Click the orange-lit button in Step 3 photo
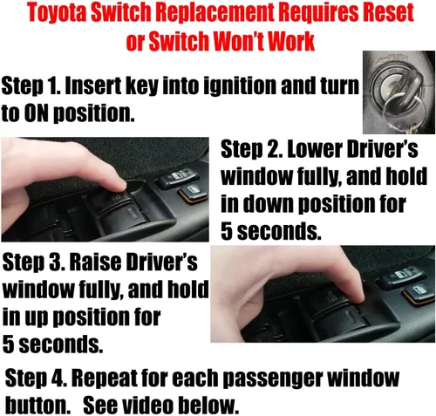click(410, 297)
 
